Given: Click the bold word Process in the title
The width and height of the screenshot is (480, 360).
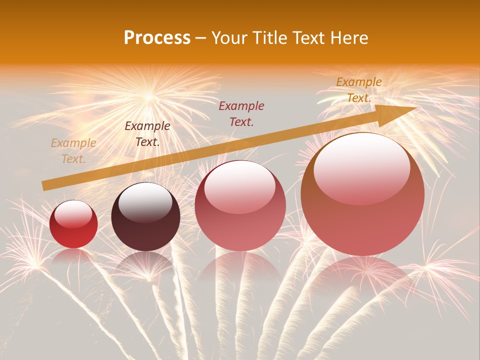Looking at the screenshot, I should (x=157, y=38).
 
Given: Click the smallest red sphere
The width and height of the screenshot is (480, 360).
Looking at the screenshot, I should (x=73, y=224).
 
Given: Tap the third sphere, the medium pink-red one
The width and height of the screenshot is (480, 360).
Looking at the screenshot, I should (x=240, y=205).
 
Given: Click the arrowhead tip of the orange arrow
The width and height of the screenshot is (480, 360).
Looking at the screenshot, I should (x=415, y=108).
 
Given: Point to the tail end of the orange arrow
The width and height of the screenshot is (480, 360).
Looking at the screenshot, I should (x=43, y=186).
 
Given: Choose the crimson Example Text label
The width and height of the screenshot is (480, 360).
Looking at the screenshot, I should (x=241, y=113).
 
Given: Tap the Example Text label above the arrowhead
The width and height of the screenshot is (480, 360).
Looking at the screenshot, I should (x=358, y=90).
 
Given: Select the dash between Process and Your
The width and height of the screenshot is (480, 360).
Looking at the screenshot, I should (x=201, y=38).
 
